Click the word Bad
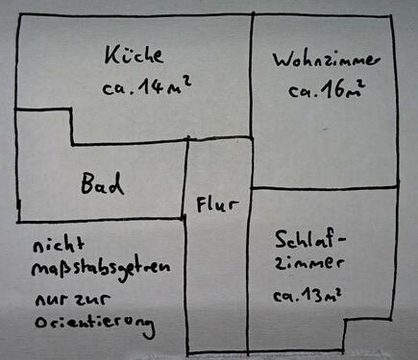point(103,184)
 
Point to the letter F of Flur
point(203,204)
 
